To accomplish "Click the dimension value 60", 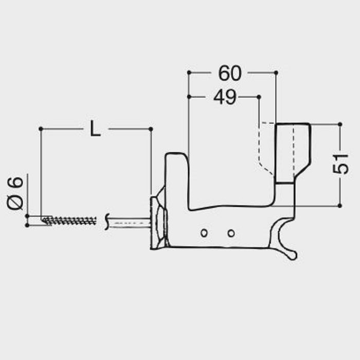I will tap(229, 74).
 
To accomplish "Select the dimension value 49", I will tap(224, 97).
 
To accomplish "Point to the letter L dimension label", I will tap(95, 129).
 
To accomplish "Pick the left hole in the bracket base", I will tap(204, 233).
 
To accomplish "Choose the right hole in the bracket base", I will tap(231, 233).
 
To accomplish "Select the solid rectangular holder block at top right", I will tap(292, 152).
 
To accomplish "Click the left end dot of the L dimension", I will tap(40, 128).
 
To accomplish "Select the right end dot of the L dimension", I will tap(151, 128).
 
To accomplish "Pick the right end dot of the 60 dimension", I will tap(277, 73).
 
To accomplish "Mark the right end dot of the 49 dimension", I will tap(259, 96).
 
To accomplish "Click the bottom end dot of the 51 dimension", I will tap(340, 206).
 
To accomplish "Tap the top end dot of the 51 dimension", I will tap(340, 124).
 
